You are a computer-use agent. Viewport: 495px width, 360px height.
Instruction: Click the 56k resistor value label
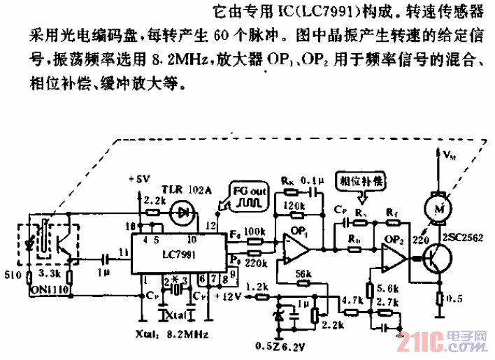pyautogui.click(x=302, y=273)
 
